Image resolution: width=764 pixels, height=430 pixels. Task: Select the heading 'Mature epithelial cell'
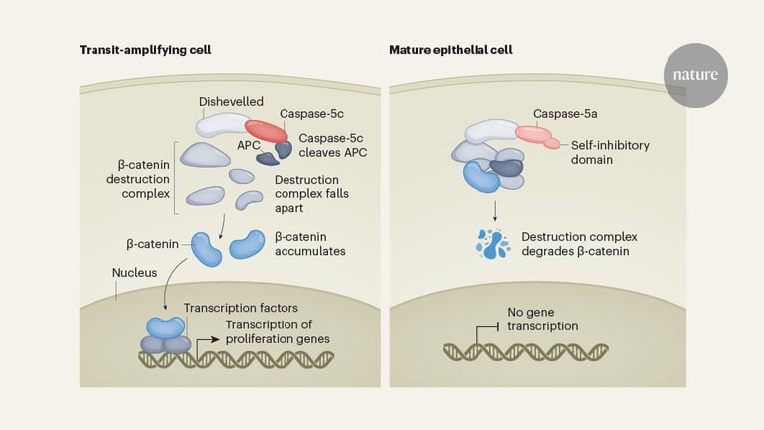click(x=460, y=49)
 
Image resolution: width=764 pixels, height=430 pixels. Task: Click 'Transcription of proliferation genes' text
click(x=278, y=330)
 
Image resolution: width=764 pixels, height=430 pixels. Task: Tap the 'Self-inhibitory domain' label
click(x=610, y=152)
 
